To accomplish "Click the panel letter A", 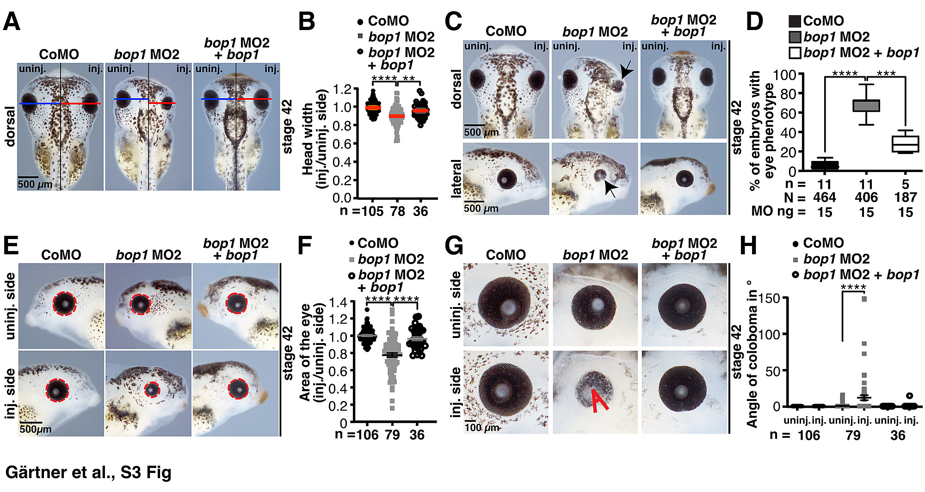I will coord(12,22).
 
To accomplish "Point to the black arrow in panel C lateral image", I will coord(611,189).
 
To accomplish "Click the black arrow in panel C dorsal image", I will coord(627,71).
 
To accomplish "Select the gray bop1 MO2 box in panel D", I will coord(866,105).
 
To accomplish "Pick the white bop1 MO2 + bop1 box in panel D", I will coord(905,144).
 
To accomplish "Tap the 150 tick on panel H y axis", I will coord(770,299).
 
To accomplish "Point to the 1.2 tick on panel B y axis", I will coord(342,89).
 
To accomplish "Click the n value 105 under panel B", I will coord(373,212).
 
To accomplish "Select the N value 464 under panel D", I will coord(825,198).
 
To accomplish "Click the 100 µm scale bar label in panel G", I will coord(482,428).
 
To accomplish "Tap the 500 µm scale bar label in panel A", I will coord(35,184).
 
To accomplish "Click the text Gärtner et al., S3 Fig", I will coord(88,472).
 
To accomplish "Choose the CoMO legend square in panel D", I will coord(795,21).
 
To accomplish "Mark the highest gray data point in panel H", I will coord(864,299).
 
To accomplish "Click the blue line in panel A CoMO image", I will coord(40,104).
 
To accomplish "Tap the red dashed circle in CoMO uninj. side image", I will coord(64,303).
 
